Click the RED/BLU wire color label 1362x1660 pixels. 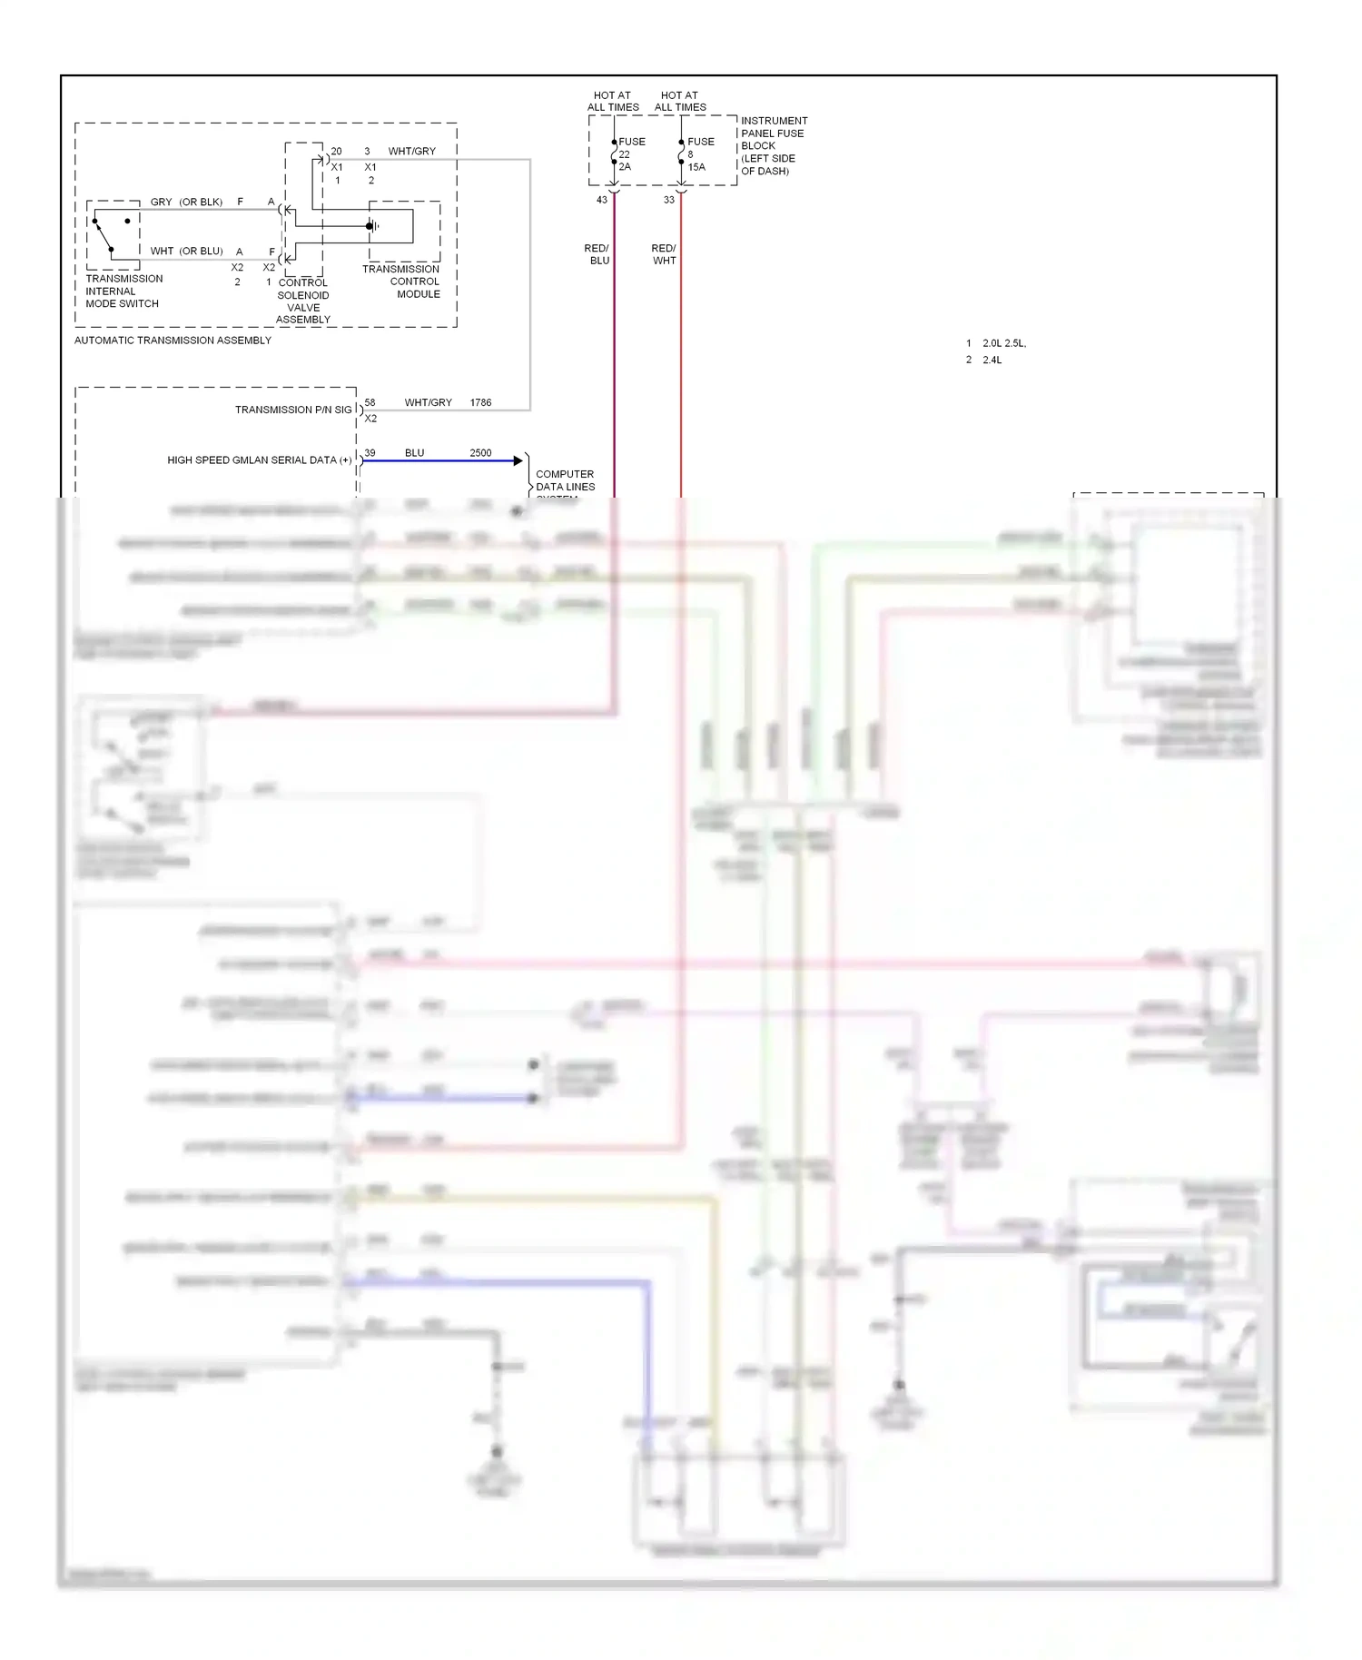click(597, 254)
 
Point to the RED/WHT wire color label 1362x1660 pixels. click(664, 254)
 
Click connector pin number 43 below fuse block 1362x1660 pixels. click(601, 200)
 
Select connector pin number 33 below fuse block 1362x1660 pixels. click(669, 200)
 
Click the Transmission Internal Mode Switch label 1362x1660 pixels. click(123, 291)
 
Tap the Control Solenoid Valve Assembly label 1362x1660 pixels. click(303, 301)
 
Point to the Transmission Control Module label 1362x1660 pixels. click(401, 282)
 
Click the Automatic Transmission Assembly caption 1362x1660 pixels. click(173, 341)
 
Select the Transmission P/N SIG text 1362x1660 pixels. click(292, 410)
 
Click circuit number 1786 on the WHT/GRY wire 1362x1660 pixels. click(480, 402)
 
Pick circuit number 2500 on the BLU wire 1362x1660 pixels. click(480, 452)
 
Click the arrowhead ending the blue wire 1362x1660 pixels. click(518, 460)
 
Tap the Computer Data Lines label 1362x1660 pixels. click(565, 480)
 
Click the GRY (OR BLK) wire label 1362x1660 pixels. click(186, 202)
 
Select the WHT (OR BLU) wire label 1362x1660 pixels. click(186, 251)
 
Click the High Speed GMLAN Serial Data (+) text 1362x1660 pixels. click(259, 460)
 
